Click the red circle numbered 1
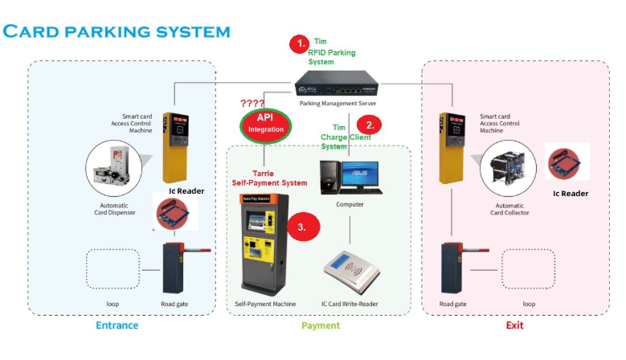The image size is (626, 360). (299, 43)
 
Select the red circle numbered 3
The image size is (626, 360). (303, 227)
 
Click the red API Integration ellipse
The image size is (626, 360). (265, 124)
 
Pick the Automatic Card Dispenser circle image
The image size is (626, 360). (113, 169)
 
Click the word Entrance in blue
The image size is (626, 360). (117, 325)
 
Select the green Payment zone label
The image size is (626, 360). (320, 325)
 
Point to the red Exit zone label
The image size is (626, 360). (514, 325)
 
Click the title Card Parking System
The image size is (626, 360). (116, 31)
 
